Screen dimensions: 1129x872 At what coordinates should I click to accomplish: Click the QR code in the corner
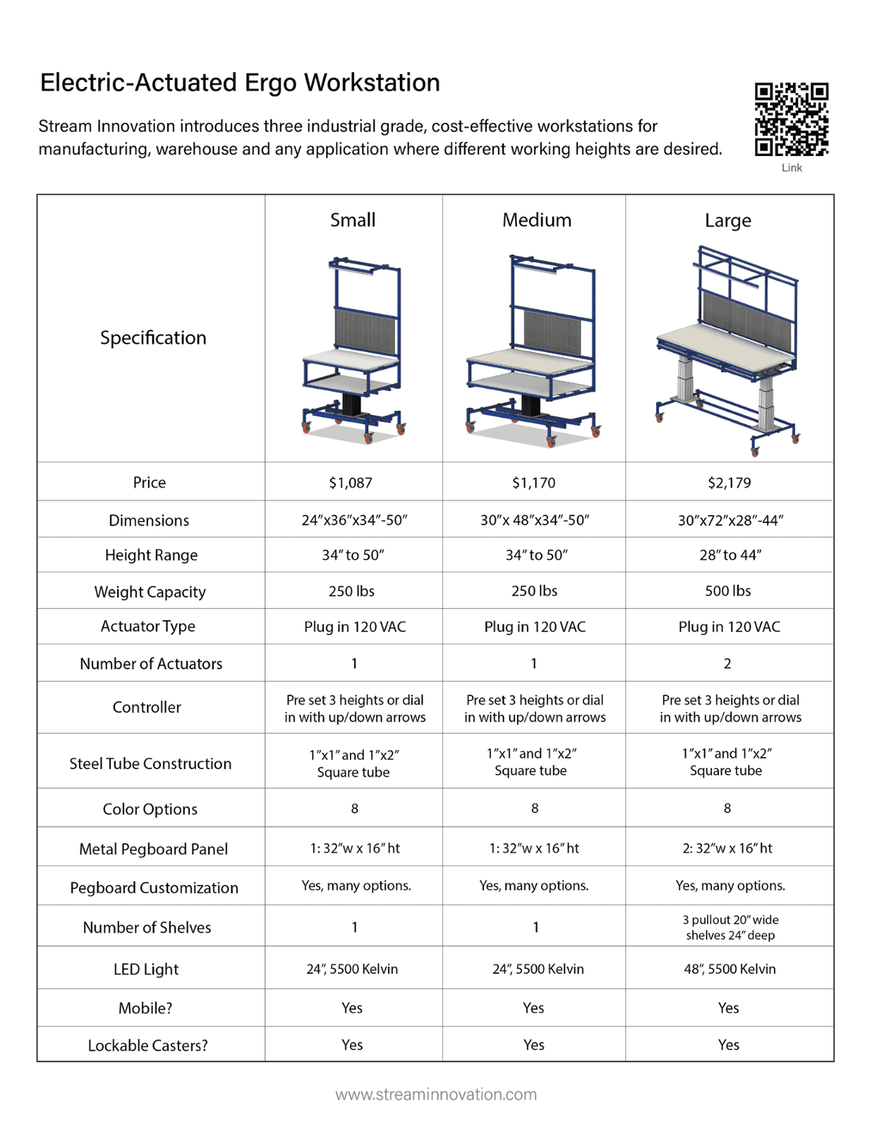791,119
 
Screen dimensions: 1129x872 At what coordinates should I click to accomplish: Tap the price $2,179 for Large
729,483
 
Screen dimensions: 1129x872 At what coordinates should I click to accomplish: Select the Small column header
353,220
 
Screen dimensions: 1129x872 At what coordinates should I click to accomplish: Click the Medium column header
536,220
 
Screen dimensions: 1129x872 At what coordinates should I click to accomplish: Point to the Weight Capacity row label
150,592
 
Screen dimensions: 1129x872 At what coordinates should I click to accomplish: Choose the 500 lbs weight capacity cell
727,591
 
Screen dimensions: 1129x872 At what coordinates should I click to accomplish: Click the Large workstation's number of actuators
727,663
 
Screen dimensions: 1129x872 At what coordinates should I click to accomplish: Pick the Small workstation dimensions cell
354,520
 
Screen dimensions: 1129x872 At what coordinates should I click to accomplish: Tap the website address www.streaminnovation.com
436,1094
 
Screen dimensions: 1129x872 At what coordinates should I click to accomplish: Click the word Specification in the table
153,338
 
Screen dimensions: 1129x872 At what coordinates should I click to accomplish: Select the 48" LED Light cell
729,969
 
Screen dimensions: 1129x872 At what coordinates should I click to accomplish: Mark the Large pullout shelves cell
730,927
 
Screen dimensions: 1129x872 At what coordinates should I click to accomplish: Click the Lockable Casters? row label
147,1045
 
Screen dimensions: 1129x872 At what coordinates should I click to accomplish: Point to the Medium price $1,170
533,483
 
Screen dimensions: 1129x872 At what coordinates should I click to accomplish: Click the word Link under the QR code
792,168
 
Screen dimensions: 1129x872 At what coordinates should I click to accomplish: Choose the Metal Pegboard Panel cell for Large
727,848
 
